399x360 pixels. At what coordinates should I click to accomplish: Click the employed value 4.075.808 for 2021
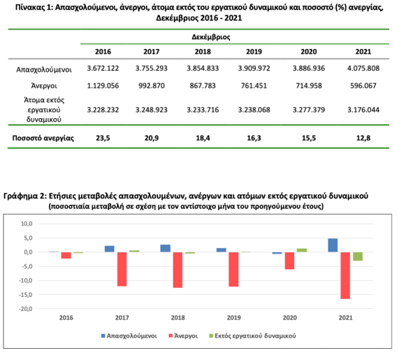363,69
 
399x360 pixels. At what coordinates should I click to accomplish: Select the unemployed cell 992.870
152,85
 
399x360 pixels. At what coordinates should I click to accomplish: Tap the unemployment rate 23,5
103,138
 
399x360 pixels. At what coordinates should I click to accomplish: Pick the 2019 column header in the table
254,52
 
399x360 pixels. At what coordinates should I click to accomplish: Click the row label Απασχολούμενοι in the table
44,69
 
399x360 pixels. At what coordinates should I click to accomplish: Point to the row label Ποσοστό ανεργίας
43,138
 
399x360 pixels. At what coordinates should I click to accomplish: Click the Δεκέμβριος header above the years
211,37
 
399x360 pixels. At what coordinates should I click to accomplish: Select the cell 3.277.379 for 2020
309,110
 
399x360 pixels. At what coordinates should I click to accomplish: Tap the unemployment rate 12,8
363,138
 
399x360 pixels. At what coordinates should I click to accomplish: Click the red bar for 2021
345,275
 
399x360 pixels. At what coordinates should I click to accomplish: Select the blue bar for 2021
333,245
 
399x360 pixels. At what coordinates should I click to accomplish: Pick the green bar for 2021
358,257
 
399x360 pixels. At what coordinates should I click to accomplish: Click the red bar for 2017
122,269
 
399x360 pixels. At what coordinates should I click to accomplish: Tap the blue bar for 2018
166,248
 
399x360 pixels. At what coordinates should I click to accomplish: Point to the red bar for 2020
289,261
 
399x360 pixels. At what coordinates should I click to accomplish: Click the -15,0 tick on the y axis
25,295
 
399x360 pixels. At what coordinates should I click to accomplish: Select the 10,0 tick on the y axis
27,224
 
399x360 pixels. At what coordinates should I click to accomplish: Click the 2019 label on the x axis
233,318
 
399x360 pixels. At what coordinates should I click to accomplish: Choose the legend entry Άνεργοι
183,336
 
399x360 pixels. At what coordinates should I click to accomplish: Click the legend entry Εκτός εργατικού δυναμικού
252,336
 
